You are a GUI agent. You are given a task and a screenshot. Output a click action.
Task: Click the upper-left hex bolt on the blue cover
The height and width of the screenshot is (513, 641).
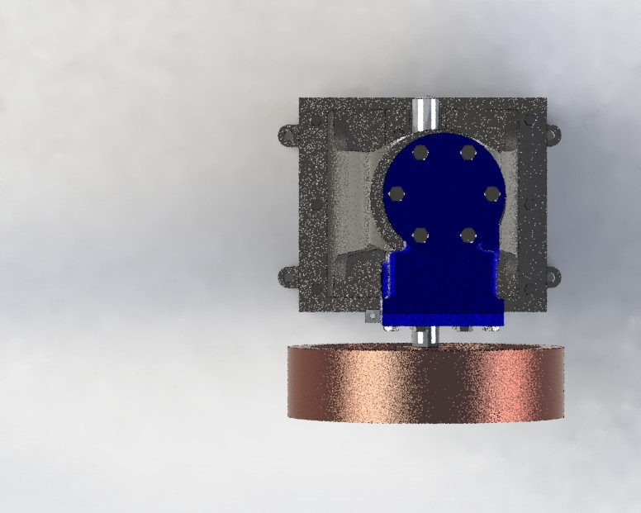pos(420,152)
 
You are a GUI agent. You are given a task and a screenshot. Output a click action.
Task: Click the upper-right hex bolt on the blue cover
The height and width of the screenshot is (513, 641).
pos(468,152)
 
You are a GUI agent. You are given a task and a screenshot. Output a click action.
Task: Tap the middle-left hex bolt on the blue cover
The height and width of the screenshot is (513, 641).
pos(396,193)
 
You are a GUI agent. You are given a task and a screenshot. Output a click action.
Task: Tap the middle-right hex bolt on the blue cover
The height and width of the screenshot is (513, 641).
pos(492,193)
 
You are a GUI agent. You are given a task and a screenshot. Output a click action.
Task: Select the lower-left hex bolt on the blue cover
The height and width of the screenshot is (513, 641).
pos(420,235)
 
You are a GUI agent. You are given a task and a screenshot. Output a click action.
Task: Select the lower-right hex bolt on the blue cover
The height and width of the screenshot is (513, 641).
pos(468,235)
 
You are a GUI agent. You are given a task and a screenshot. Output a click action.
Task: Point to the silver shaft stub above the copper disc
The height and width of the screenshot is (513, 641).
pos(427,336)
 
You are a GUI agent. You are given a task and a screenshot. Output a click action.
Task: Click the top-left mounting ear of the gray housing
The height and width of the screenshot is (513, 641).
pos(287,133)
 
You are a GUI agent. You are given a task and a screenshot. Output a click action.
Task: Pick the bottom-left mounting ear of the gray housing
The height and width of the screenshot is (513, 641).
pos(287,276)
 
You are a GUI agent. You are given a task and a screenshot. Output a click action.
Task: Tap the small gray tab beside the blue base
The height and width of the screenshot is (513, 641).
pos(373,316)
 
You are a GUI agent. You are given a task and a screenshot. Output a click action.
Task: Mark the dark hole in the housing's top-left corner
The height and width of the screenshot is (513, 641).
pos(315,121)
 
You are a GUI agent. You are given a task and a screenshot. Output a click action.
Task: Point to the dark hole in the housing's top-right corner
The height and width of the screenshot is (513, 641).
pos(529,121)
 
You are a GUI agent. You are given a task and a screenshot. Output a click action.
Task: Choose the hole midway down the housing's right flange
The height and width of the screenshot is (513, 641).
pos(529,202)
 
